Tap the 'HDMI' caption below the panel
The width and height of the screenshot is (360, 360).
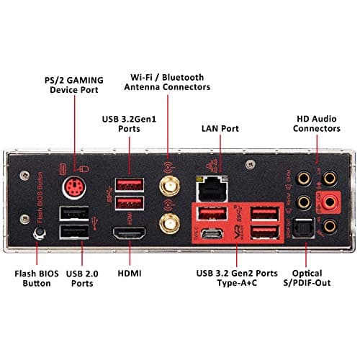tap(130, 273)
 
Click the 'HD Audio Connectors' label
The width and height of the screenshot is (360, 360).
tap(318, 123)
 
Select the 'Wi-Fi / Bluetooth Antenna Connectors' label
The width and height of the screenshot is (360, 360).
tap(169, 81)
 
